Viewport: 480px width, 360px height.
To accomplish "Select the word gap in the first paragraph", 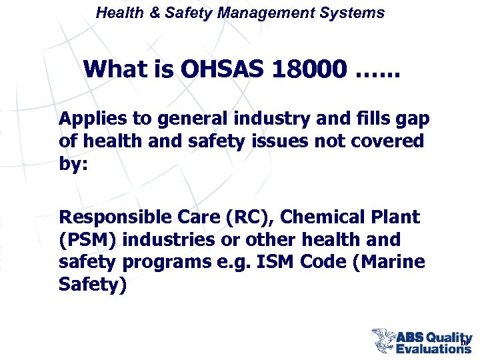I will coord(413,119).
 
